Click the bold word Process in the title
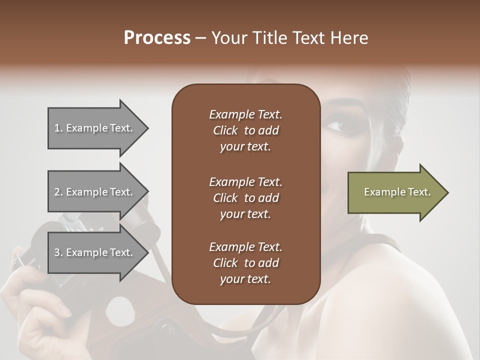(157, 38)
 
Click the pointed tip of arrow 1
(147, 128)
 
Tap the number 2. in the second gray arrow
(58, 192)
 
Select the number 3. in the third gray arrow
(58, 252)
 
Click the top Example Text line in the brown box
(245, 114)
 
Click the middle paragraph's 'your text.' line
(245, 214)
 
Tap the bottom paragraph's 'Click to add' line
(245, 263)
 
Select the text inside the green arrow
(397, 192)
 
